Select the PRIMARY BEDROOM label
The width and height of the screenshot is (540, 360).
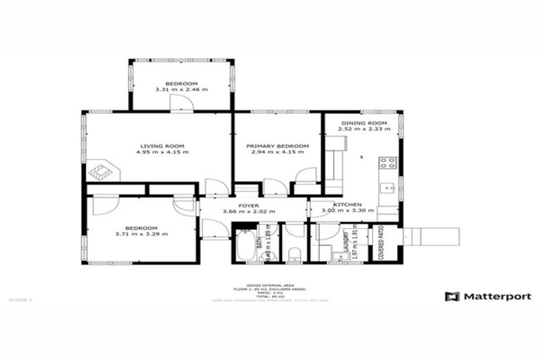[x=277, y=146]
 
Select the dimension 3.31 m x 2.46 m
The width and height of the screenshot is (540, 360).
[x=182, y=89]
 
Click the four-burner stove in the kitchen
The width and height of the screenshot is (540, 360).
[x=387, y=163]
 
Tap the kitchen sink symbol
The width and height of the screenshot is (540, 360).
[x=387, y=188]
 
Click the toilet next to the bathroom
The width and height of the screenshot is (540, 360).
[x=295, y=252]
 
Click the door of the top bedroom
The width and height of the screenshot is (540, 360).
[x=182, y=104]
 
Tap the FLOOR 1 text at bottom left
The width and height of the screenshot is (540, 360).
[x=20, y=300]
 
